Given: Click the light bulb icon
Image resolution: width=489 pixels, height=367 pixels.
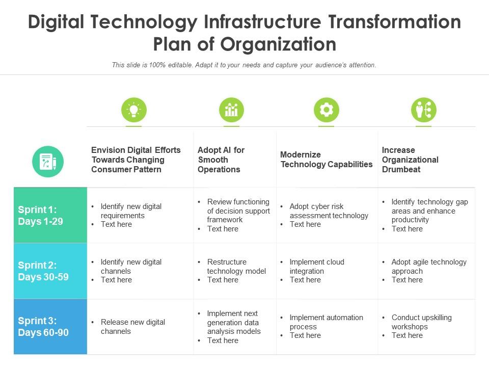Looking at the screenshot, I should [x=134, y=110].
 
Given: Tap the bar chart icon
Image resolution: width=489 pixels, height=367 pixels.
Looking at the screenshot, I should [x=232, y=110].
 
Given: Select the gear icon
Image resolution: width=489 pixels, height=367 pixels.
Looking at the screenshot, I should [x=327, y=110].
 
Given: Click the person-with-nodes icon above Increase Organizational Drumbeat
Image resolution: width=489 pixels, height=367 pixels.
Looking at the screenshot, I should [x=424, y=110].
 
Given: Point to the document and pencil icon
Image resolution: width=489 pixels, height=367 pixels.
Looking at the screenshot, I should [x=48, y=162].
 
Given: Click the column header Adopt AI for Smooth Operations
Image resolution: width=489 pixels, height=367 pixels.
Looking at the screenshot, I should [x=221, y=160].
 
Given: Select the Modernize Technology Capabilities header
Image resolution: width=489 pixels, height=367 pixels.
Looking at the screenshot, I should [x=327, y=160].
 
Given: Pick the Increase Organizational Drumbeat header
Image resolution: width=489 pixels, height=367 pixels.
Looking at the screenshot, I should [x=410, y=160].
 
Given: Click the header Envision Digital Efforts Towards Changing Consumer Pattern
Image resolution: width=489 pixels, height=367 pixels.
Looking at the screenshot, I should [x=136, y=160].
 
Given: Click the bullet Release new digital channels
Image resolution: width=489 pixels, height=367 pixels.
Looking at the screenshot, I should [x=133, y=327].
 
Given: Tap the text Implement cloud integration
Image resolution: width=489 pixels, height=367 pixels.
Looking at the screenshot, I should [x=317, y=267].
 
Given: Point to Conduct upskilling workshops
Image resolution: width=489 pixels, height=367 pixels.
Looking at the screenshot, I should [x=421, y=322].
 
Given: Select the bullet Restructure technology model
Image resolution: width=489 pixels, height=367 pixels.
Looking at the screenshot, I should [x=236, y=267].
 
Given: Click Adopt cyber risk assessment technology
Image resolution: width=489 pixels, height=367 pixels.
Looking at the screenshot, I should [x=329, y=211].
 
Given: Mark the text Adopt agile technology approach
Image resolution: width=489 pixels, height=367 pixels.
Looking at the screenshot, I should [x=429, y=267].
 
